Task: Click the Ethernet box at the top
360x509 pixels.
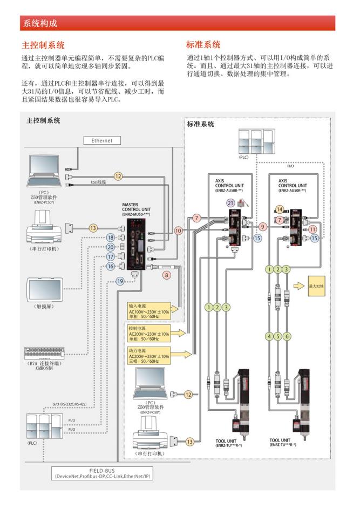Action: [102, 141]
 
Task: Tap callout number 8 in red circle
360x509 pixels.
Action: [167, 275]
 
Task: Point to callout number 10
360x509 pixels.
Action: [179, 230]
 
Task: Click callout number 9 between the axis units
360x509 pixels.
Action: [263, 227]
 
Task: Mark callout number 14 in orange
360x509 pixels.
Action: [280, 209]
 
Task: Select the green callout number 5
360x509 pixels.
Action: [277, 336]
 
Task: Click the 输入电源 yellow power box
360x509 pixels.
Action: [149, 308]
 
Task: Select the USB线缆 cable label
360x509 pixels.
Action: [98, 182]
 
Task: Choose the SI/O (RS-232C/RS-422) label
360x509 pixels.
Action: [66, 403]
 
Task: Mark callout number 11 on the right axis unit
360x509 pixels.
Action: [313, 229]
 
